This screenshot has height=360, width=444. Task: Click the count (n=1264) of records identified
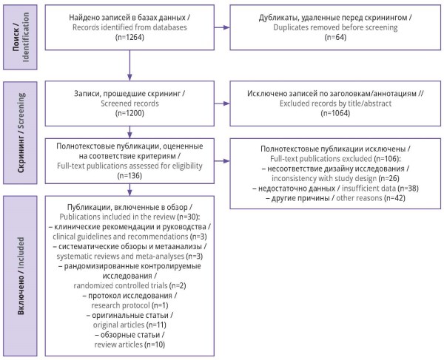[x=129, y=37]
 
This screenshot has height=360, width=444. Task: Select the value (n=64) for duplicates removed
[x=335, y=37]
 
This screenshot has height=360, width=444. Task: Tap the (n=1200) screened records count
[x=129, y=113]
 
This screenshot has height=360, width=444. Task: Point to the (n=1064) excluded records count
[x=335, y=113]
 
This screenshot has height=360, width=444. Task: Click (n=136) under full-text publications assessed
[x=129, y=176]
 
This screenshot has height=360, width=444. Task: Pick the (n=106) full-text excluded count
[x=387, y=159]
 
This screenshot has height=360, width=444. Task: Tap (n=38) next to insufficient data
[x=408, y=189]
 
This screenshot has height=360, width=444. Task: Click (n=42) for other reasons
[x=394, y=198]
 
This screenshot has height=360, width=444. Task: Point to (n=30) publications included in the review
[x=189, y=217]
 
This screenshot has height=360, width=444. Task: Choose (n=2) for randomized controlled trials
[x=178, y=285]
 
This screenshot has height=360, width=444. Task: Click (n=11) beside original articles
[x=156, y=325]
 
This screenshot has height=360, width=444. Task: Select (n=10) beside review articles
[x=155, y=344]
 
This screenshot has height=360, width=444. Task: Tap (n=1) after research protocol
[x=160, y=305]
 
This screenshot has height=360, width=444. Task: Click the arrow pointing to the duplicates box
[x=222, y=27]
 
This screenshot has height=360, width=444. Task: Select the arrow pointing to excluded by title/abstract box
[x=222, y=103]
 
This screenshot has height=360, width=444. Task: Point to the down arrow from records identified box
[x=129, y=66]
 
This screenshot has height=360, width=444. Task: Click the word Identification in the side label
[x=26, y=37]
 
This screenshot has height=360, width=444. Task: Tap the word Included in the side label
[x=21, y=252]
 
